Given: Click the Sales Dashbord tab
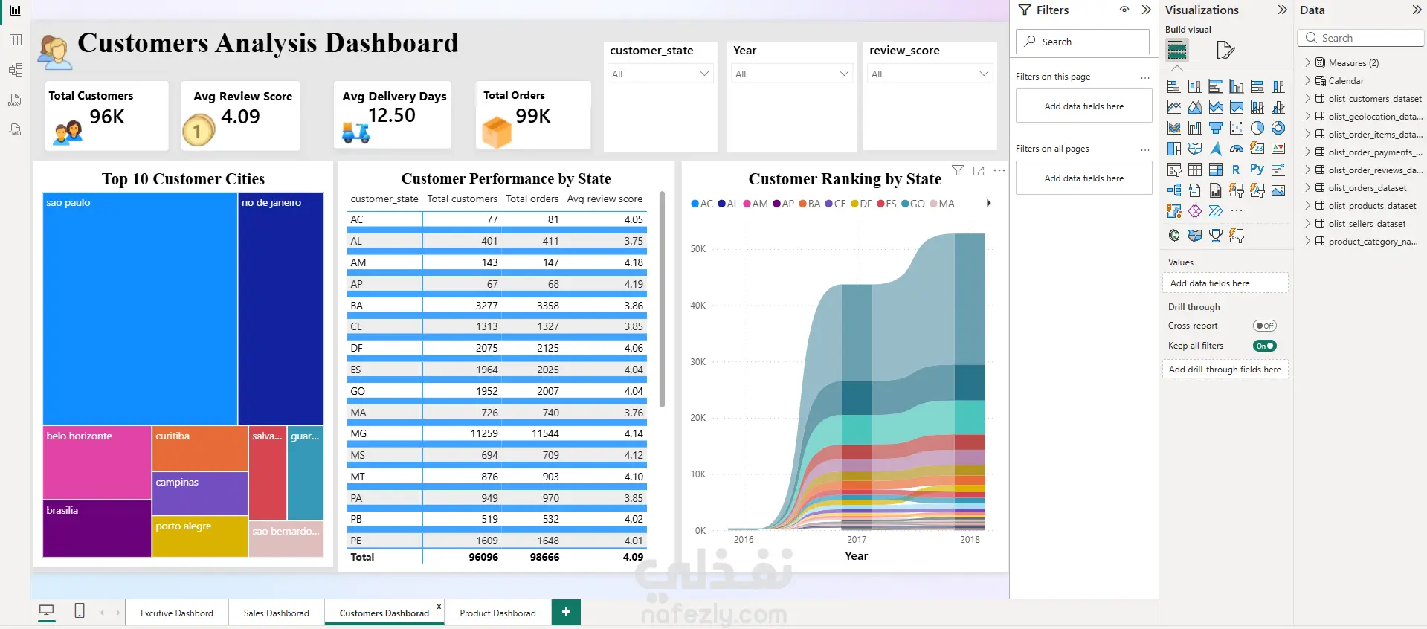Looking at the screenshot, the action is click(276, 613).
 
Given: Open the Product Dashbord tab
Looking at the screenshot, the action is click(497, 613).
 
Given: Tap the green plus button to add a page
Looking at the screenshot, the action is click(566, 612).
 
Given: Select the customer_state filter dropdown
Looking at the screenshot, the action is click(660, 74).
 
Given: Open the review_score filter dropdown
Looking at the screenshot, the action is click(930, 74).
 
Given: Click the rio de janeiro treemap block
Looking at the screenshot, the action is click(281, 309).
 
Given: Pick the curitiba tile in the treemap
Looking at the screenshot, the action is click(200, 448).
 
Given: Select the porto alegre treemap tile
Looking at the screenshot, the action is click(200, 536).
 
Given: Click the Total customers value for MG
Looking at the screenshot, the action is click(484, 433).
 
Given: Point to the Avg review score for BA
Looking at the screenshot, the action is click(634, 306).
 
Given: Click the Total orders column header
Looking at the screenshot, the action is click(532, 199).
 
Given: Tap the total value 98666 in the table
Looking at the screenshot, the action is click(544, 557).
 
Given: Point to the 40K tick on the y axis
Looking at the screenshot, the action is click(698, 306).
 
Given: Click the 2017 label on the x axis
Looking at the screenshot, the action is click(857, 540).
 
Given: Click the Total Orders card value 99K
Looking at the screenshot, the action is click(533, 116).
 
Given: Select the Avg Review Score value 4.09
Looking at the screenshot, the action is click(240, 117).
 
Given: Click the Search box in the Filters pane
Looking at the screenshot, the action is click(1083, 42).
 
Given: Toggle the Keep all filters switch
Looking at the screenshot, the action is click(1264, 346).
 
